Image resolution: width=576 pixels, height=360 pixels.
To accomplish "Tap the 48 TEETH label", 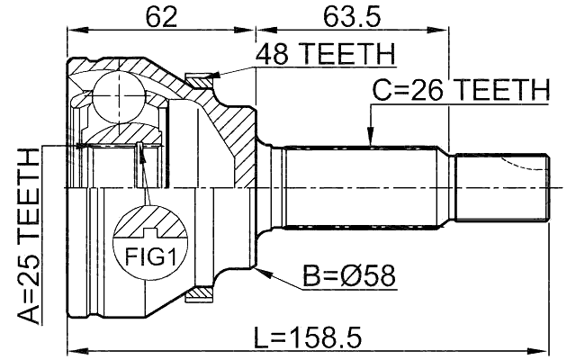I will point(325,56).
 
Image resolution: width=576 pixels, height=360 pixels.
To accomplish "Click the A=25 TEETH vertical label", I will point(29,236).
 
